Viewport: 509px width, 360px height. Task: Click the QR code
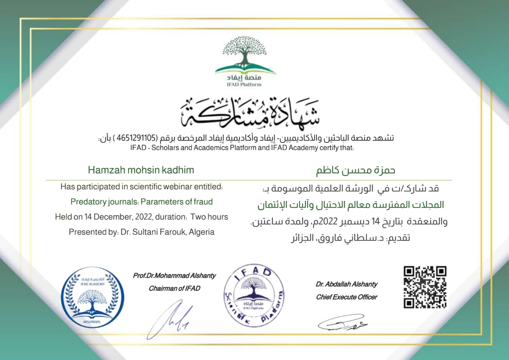click(425, 287)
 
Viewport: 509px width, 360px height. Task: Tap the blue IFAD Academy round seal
click(92, 297)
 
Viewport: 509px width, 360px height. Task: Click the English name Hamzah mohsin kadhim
click(141, 170)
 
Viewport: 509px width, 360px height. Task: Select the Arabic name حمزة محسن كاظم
click(355, 171)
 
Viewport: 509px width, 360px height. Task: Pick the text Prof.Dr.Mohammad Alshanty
click(174, 275)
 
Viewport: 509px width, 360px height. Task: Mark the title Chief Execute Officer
click(346, 297)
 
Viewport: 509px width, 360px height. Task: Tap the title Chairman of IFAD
click(174, 288)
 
